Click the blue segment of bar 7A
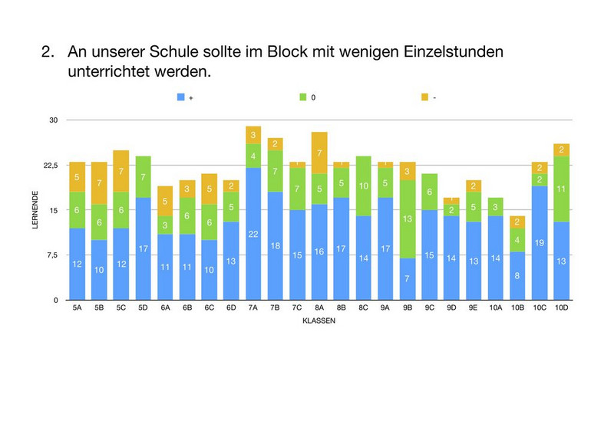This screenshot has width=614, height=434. coord(253,233)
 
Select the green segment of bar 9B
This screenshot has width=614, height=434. coord(409,219)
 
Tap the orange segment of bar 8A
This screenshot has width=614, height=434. coord(319,153)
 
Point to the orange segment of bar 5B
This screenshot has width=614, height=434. coord(99,183)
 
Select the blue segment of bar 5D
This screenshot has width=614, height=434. coord(143,248)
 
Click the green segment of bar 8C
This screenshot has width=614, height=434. coord(364,186)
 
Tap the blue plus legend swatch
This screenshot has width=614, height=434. coord(181,97)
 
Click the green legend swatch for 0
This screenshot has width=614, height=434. coord(303,97)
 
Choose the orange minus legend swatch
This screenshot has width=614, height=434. coord(425,97)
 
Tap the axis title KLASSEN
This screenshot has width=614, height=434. coord(319,321)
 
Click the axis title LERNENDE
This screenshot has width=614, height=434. coord(35,209)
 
